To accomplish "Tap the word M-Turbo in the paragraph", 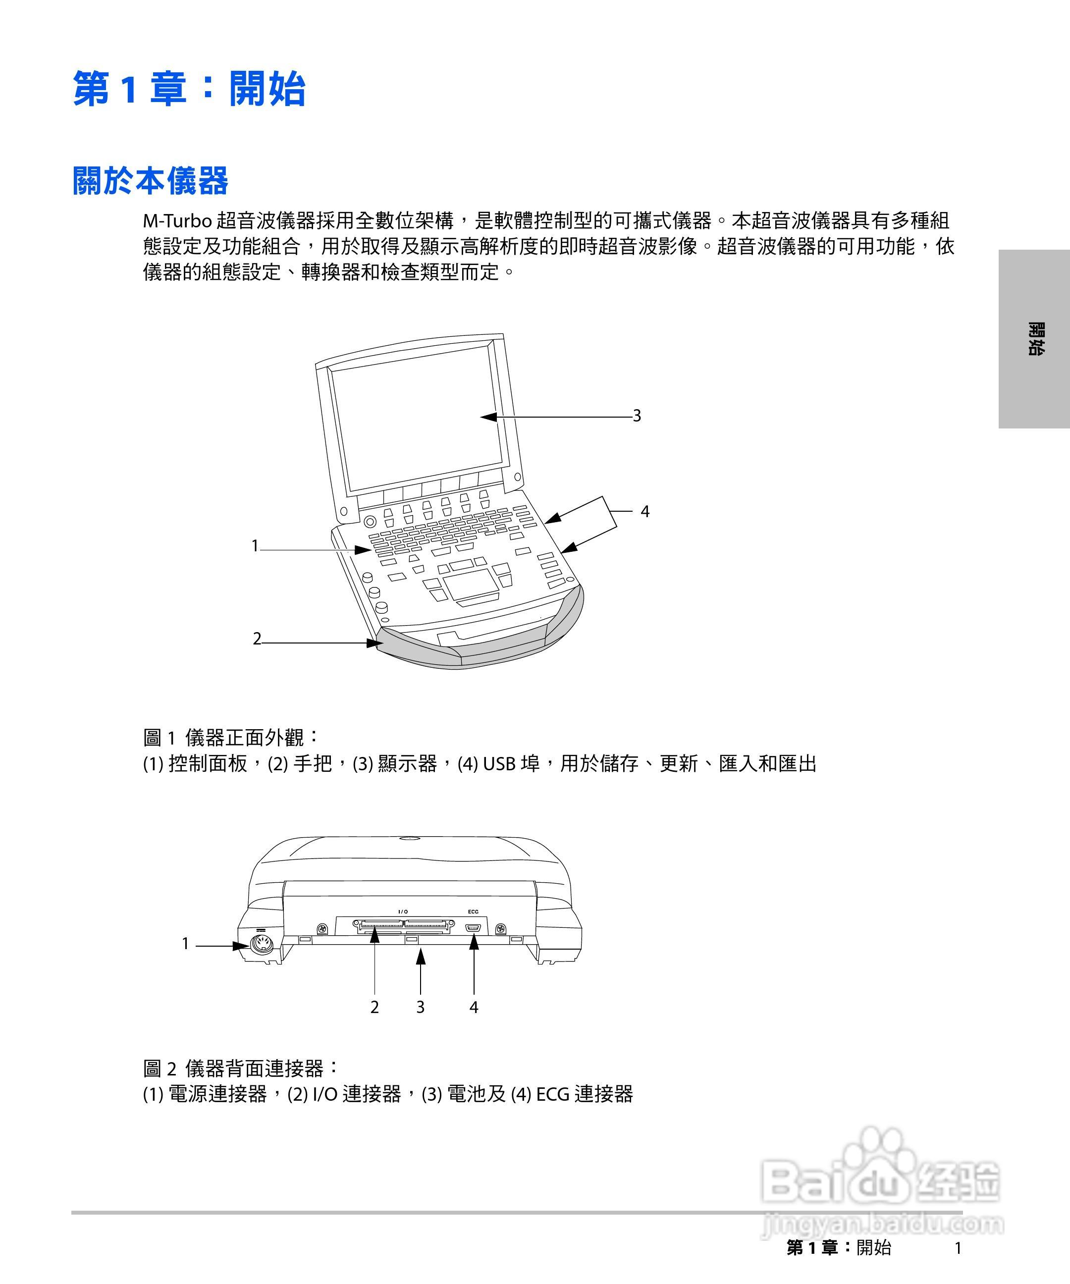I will tap(177, 221).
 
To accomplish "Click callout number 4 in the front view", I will tap(644, 512).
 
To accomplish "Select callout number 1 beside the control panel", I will tap(256, 545).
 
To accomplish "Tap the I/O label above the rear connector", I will tap(403, 911).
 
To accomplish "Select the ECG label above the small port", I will tap(473, 911).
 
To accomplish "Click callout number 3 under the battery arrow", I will tap(420, 1007).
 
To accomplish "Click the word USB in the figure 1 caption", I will tap(499, 764).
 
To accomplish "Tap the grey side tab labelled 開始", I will tap(1034, 339).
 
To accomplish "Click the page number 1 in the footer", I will tap(958, 1248).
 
